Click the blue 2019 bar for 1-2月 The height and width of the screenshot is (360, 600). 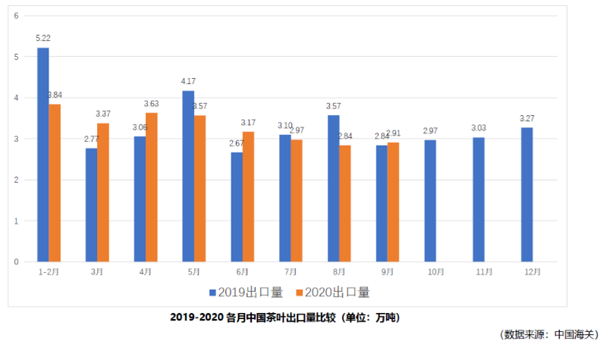pos(43,155)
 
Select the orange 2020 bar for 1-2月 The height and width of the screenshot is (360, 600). pos(55,183)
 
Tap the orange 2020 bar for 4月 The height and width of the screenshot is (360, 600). pos(151,187)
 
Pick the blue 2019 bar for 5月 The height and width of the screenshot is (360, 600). pos(188,176)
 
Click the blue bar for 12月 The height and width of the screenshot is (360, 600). pos(527,195)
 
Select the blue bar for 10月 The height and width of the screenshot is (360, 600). pos(430,201)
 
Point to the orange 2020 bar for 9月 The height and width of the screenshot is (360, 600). pos(393,202)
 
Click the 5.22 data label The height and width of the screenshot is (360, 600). pos(43,38)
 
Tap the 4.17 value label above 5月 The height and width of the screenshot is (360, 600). pos(188,81)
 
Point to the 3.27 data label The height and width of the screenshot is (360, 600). pos(527,118)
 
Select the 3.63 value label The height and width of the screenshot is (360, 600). pos(152,103)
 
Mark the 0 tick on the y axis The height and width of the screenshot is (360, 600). pos(16,262)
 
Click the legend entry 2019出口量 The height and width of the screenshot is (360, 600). pos(246,292)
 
